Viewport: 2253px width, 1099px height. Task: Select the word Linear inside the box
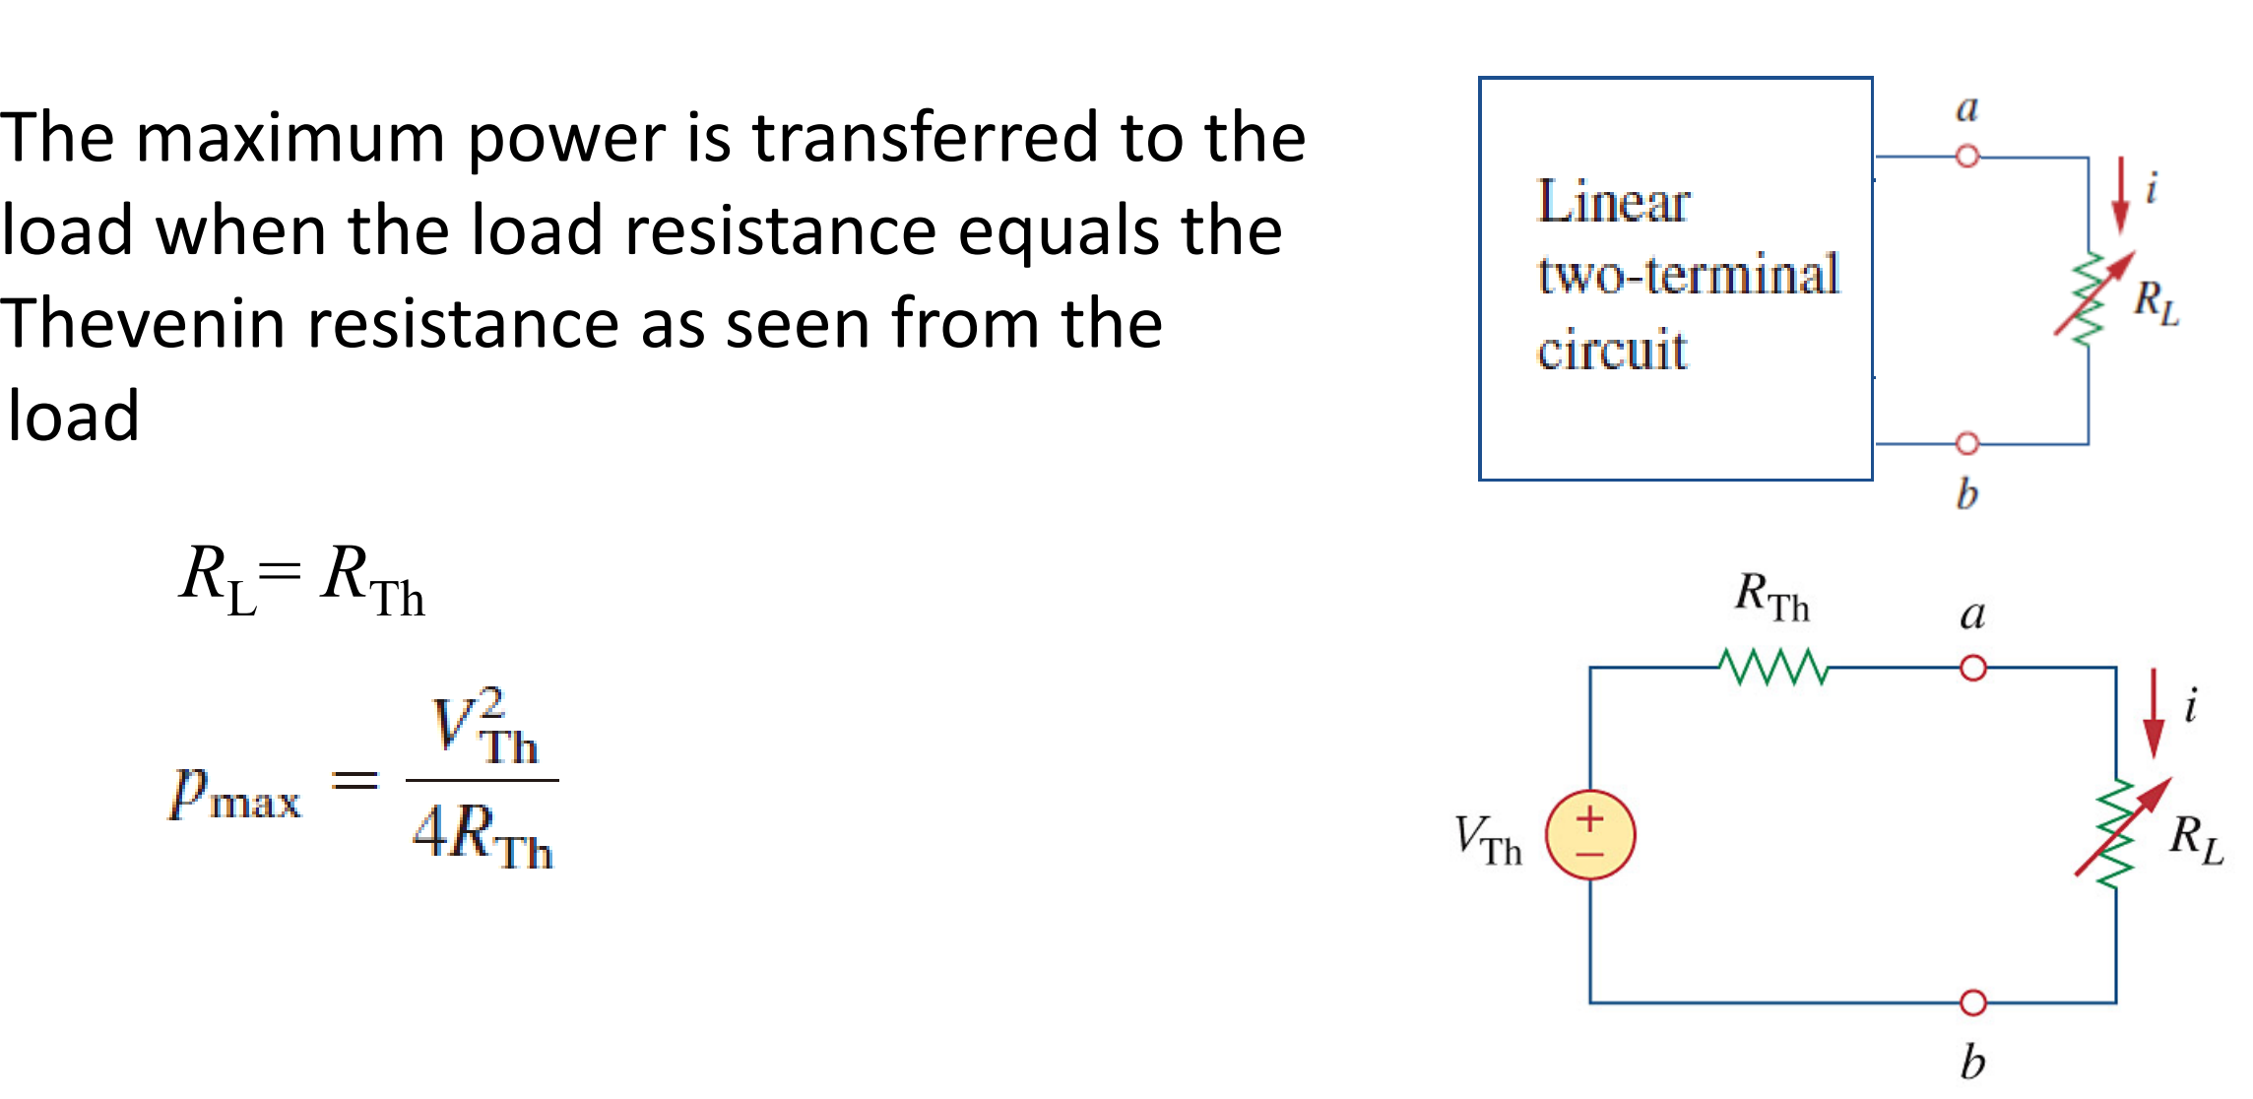tap(1613, 203)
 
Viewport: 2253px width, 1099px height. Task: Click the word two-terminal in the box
tap(1688, 275)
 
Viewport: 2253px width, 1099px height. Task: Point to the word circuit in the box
tap(1612, 350)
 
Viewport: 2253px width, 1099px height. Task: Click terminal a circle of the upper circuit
tap(1967, 157)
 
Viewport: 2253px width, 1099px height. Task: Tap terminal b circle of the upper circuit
tap(1967, 444)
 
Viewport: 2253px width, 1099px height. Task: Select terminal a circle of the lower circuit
tap(1973, 669)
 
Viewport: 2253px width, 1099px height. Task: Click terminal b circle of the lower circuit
tap(1973, 1002)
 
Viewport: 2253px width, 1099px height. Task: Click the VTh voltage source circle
tap(1590, 835)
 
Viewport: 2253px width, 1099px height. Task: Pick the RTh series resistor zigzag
tap(1773, 668)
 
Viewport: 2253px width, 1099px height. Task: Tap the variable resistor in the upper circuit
tap(2090, 298)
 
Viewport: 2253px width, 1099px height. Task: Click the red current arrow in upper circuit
tap(2121, 195)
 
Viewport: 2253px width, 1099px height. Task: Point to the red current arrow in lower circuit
tap(2154, 712)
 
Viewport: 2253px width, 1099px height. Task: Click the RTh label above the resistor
tap(1771, 596)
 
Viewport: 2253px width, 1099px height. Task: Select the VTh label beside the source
tap(1488, 840)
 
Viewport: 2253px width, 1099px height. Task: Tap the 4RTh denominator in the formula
tap(483, 836)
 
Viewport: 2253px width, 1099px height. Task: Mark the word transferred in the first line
tap(925, 138)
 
